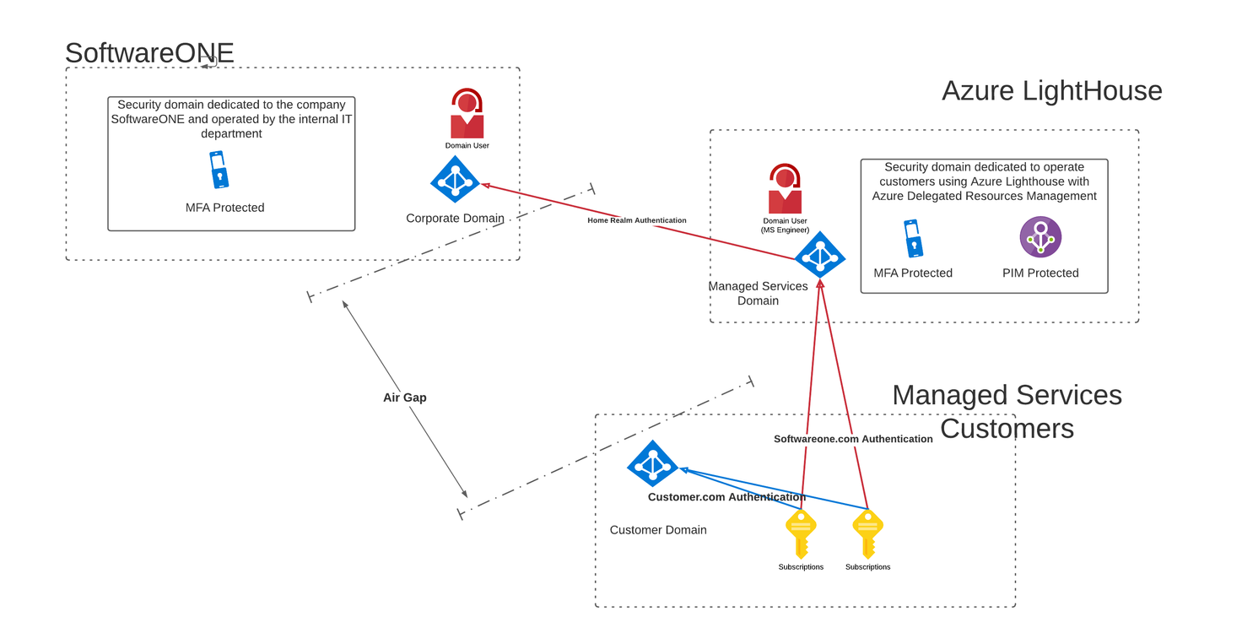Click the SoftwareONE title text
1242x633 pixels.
149,53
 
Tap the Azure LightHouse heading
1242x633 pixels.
1051,90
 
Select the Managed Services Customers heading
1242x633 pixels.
1007,411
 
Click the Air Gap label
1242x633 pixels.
405,398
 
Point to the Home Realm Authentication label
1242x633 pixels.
637,220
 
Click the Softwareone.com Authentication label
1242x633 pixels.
853,439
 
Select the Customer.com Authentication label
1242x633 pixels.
726,497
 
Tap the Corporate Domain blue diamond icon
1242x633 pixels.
456,180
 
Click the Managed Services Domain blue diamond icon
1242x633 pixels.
819,255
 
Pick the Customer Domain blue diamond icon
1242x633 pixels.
652,464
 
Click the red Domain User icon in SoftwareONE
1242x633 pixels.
467,114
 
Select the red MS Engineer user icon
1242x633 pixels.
785,189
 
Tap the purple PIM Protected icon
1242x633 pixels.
1040,237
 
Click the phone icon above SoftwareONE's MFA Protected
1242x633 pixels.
219,170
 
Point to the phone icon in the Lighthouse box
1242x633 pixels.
912,239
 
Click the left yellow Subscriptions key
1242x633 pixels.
800,533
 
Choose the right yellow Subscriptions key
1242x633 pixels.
867,533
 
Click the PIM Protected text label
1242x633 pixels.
1040,273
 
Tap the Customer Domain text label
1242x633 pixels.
658,530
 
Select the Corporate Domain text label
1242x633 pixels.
455,219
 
